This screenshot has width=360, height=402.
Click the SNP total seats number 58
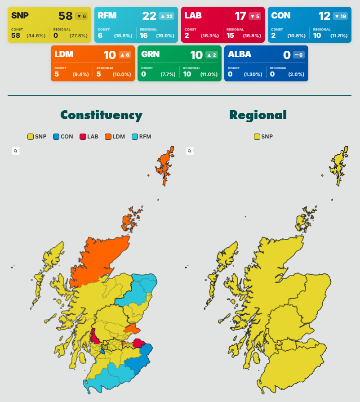pyautogui.click(x=65, y=16)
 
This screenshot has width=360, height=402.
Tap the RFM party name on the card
pyautogui.click(x=107, y=16)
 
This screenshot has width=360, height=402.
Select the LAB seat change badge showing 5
pyautogui.click(x=254, y=16)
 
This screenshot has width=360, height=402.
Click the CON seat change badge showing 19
pyautogui.click(x=341, y=16)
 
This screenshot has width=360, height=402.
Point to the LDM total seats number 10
pyautogui.click(x=109, y=55)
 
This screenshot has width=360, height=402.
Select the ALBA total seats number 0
pyautogui.click(x=286, y=55)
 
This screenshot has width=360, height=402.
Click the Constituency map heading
pyautogui.click(x=101, y=115)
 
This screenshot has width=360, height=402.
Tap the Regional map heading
pyautogui.click(x=258, y=115)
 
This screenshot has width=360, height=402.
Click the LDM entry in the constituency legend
pyautogui.click(x=115, y=137)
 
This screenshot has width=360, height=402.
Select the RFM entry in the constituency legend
pyautogui.click(x=142, y=137)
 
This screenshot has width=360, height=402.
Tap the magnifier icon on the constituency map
pyautogui.click(x=16, y=151)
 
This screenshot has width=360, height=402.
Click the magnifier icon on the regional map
pyautogui.click(x=190, y=151)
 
